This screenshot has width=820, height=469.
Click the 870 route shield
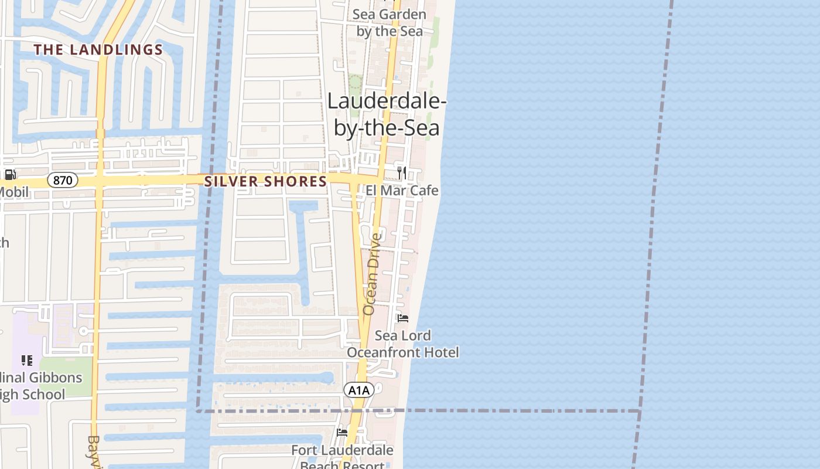[62, 180]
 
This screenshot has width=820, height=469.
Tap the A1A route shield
[358, 390]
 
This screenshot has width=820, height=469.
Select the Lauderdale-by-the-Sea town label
[386, 114]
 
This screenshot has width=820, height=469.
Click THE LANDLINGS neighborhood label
[98, 50]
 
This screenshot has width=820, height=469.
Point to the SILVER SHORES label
[265, 182]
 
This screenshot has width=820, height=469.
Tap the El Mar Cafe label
[402, 191]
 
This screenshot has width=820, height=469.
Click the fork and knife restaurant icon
[401, 172]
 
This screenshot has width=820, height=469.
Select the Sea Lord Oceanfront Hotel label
[403, 344]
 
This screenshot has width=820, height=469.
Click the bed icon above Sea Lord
[402, 318]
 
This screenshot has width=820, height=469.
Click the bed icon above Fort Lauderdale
[342, 433]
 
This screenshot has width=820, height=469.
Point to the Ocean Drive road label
[371, 274]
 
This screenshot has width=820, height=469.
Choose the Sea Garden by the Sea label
[389, 22]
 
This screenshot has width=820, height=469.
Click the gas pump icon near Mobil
[10, 174]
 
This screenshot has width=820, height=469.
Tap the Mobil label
[13, 192]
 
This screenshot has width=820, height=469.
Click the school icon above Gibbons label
[26, 360]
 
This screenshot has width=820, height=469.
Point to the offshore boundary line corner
[639, 410]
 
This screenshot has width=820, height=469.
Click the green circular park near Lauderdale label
[355, 81]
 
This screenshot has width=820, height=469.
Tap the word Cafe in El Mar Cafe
[423, 191]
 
